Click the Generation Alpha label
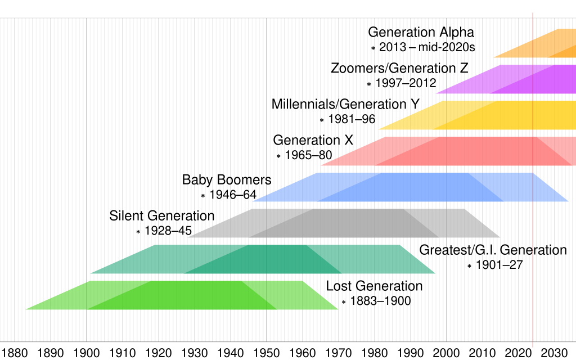[x=421, y=33]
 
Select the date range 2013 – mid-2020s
[x=427, y=48]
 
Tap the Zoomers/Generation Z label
[x=399, y=69]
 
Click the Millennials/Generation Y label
[x=346, y=105]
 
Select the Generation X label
[x=313, y=140]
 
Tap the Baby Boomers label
[x=227, y=180]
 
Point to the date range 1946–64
[x=232, y=195]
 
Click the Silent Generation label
[x=162, y=216]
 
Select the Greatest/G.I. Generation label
[x=493, y=250]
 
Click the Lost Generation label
[x=374, y=286]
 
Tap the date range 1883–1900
[x=380, y=301]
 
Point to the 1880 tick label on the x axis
[x=15, y=353]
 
